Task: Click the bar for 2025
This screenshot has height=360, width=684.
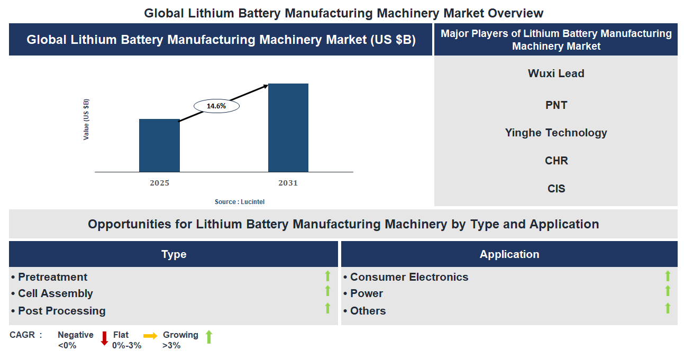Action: click(159, 145)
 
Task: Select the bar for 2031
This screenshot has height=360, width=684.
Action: click(288, 127)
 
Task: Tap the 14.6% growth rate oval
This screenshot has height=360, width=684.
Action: click(216, 106)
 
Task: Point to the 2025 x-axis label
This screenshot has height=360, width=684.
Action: click(159, 183)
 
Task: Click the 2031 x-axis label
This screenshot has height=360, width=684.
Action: click(288, 183)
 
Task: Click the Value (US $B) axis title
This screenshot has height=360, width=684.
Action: click(86, 119)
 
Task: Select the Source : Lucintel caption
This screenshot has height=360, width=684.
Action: click(240, 202)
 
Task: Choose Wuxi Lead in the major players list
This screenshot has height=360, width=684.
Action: click(556, 73)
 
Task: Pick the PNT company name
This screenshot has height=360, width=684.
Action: click(556, 105)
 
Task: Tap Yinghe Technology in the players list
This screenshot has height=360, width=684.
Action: click(556, 133)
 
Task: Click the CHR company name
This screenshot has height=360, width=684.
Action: click(556, 161)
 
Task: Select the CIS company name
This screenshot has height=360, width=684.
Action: click(556, 189)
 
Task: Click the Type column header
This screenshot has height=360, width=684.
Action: click(174, 254)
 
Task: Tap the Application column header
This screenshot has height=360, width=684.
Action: click(509, 254)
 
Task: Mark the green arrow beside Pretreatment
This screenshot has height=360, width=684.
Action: click(327, 275)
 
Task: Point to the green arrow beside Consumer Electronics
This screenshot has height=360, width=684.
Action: click(668, 275)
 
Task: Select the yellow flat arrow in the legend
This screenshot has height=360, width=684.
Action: click(150, 336)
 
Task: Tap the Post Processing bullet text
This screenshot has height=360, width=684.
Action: click(61, 311)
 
